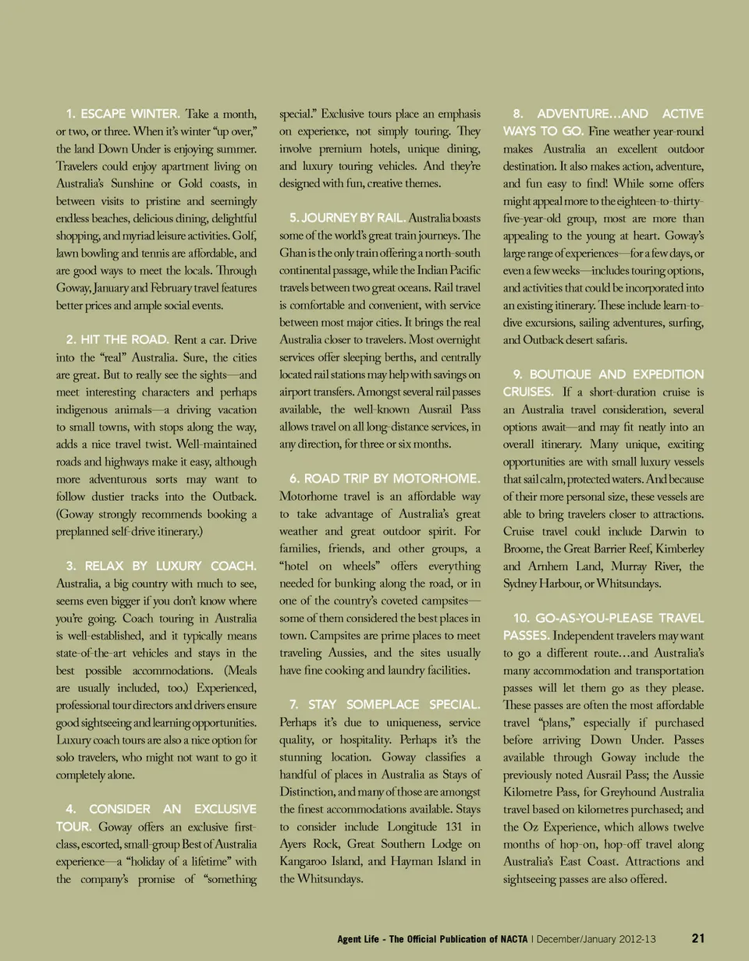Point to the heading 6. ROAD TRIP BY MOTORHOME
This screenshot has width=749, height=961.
click(x=385, y=477)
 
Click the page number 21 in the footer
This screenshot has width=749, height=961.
click(x=699, y=938)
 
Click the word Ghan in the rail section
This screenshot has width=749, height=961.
click(x=295, y=252)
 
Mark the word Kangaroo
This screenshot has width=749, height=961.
click(x=306, y=860)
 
